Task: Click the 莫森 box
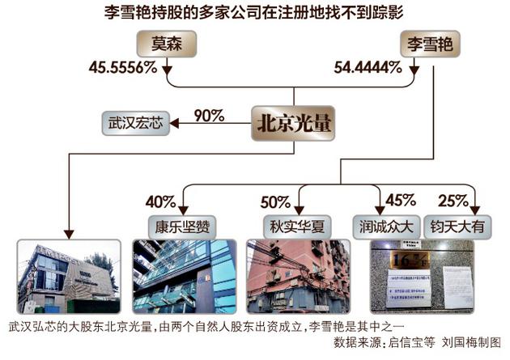tap(168, 43)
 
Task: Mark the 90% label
tap(209, 114)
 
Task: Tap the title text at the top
tap(254, 12)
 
